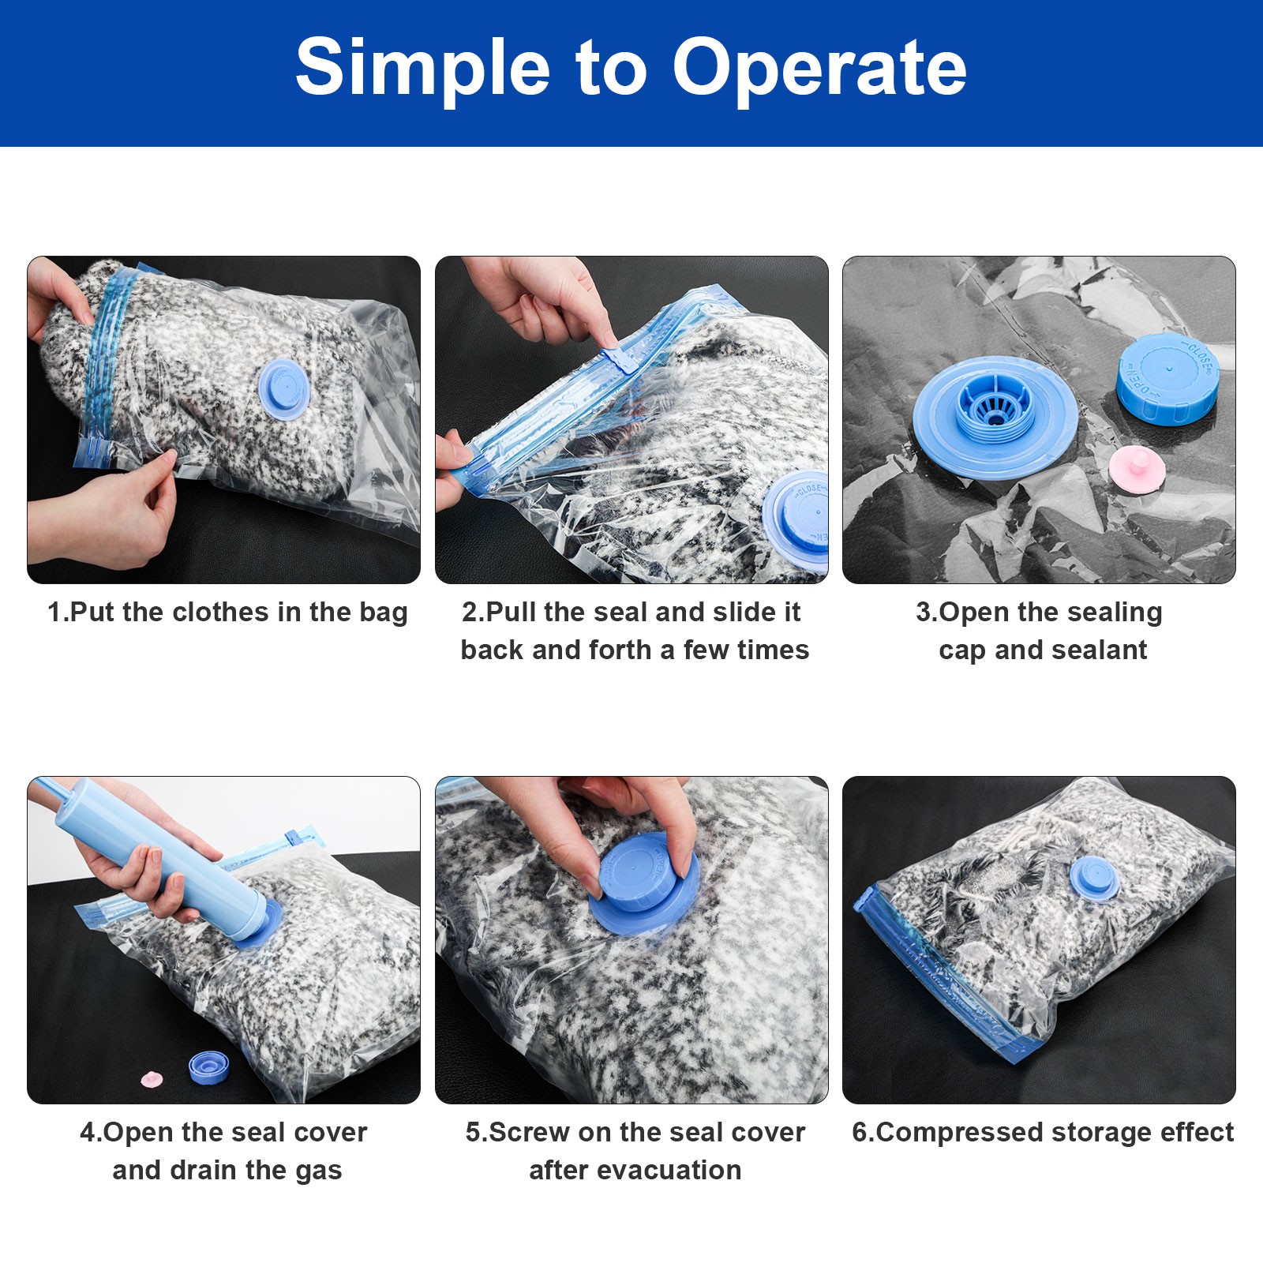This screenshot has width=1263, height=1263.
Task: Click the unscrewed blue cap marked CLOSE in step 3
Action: (x=1167, y=377)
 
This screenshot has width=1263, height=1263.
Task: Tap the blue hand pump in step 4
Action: (x=158, y=853)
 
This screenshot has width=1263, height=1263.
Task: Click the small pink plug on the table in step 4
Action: (x=152, y=1079)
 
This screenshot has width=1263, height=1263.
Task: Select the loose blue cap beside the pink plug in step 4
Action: (x=208, y=1067)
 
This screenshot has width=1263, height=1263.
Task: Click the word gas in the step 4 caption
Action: (x=318, y=1171)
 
